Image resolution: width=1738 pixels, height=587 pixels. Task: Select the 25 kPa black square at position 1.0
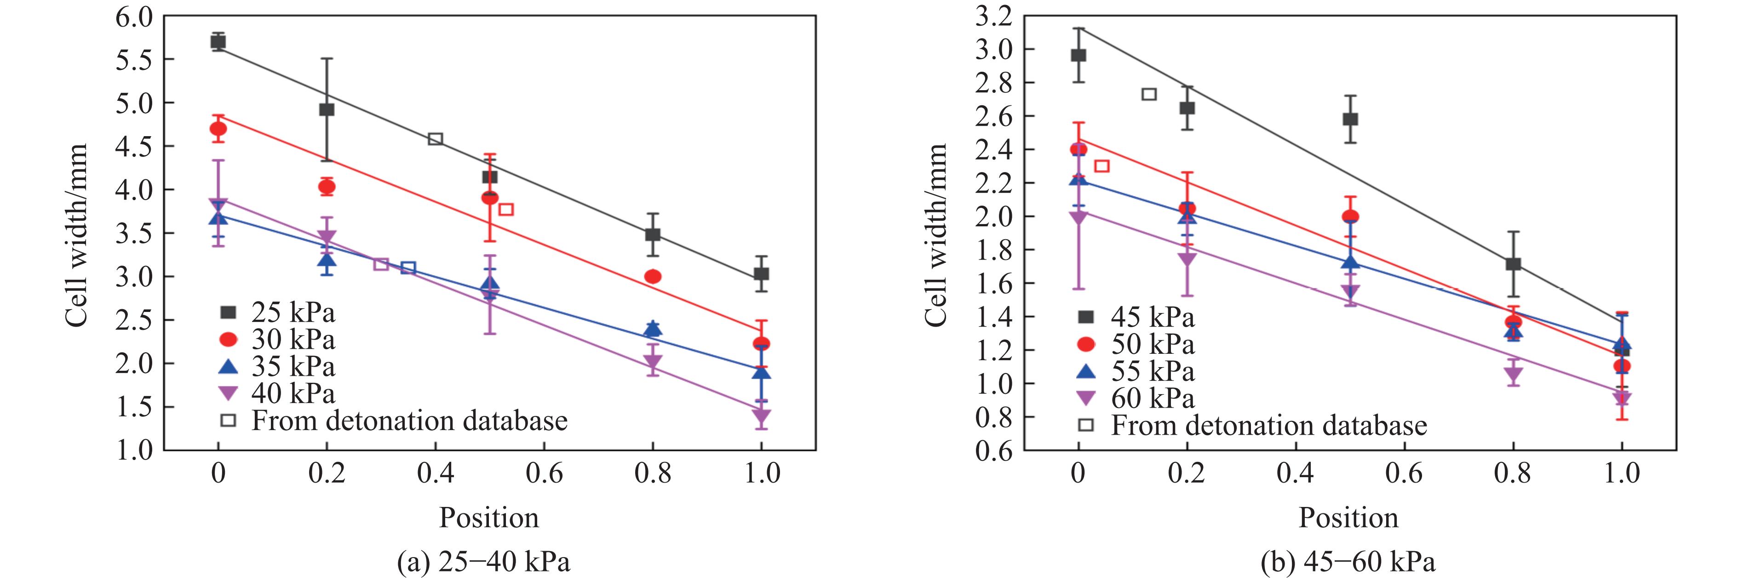(x=761, y=274)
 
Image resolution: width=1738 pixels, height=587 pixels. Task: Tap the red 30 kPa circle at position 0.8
(x=653, y=276)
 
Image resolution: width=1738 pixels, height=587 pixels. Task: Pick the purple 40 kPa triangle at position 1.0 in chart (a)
(x=761, y=416)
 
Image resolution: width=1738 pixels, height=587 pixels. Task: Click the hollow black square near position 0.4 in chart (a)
(x=435, y=139)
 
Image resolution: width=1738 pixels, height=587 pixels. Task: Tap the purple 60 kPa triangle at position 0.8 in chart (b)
(x=1513, y=375)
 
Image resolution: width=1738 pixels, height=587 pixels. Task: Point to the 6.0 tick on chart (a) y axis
(x=134, y=17)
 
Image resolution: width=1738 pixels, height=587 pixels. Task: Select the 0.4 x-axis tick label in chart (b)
(x=1296, y=473)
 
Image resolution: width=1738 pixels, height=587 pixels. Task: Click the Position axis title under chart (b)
(x=1349, y=518)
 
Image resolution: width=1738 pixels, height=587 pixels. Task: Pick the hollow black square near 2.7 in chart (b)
(x=1149, y=94)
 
